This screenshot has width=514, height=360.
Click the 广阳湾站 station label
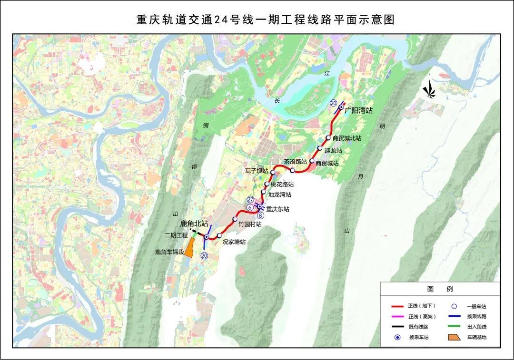[x=359, y=110]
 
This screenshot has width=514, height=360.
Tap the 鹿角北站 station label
[x=194, y=224]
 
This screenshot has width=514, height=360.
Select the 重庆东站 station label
[x=277, y=209]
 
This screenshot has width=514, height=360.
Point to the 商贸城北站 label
[x=347, y=138]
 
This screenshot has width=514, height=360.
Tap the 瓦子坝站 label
[x=257, y=171]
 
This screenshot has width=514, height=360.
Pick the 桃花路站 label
[x=282, y=184]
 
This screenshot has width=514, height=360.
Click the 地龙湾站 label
[x=279, y=195]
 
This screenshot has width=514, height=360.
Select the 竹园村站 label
[x=250, y=224]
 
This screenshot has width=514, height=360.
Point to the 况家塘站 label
[x=234, y=242]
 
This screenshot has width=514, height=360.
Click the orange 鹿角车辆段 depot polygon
[x=189, y=248]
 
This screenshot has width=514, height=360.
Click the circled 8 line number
[x=260, y=215]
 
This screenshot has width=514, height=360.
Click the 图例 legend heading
[x=440, y=289]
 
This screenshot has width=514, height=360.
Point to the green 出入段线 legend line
[x=455, y=327]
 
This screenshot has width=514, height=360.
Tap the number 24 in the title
[x=219, y=20]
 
